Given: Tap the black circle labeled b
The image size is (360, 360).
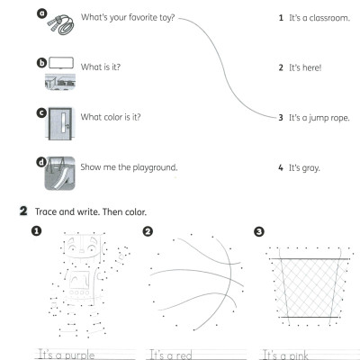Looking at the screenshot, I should [40, 62].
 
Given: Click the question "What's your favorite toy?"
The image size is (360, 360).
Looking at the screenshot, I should [128, 17].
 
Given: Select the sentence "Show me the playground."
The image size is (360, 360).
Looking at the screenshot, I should [129, 167].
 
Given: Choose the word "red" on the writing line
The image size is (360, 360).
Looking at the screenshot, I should [189, 355].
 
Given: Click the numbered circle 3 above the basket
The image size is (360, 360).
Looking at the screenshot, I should [259, 231].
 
